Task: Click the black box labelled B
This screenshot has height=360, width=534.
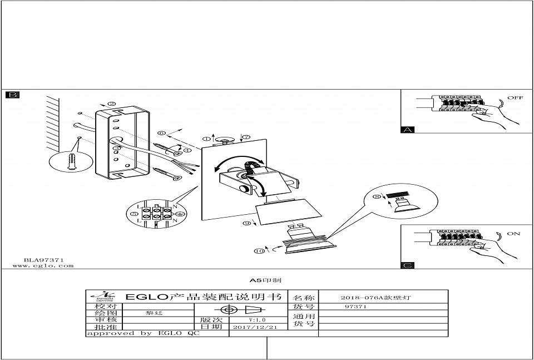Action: point(12,95)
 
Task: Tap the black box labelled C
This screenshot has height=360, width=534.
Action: point(408,265)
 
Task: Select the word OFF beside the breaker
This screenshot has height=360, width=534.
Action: point(515,98)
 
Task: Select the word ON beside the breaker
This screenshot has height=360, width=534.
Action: point(513,234)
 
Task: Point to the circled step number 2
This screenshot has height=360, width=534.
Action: point(111,104)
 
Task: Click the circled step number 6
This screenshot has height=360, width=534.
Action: point(161,133)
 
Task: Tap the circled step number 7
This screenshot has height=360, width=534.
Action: point(246,136)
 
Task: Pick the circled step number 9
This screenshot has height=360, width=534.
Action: point(246,223)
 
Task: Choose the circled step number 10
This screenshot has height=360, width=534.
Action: point(259,251)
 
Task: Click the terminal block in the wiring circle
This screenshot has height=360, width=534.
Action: point(156,214)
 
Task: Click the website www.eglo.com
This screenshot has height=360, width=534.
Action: point(43,266)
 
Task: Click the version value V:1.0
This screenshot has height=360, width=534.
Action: point(257,320)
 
